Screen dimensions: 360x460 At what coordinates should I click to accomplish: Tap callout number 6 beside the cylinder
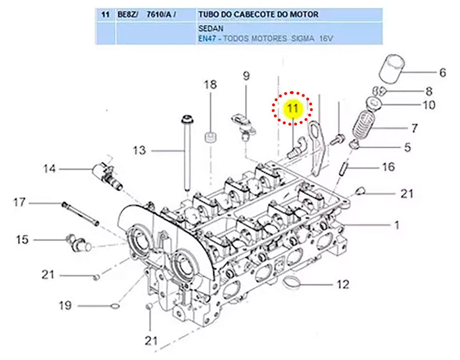(443, 72)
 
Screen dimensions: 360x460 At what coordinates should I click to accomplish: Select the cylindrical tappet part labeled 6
(391, 69)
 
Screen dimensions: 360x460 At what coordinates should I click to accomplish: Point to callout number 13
(139, 150)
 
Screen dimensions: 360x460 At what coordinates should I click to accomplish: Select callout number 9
(246, 75)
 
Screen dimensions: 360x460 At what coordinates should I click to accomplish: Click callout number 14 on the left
(49, 169)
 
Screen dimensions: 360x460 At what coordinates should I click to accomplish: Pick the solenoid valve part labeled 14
(107, 174)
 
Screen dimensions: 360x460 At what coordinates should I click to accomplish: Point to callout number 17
(19, 202)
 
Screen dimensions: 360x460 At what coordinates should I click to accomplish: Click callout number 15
(22, 240)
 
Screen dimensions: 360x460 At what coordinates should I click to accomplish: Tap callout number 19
(65, 305)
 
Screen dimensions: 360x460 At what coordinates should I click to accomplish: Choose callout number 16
(389, 166)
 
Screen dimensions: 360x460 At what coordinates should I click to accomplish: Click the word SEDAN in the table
(209, 28)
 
